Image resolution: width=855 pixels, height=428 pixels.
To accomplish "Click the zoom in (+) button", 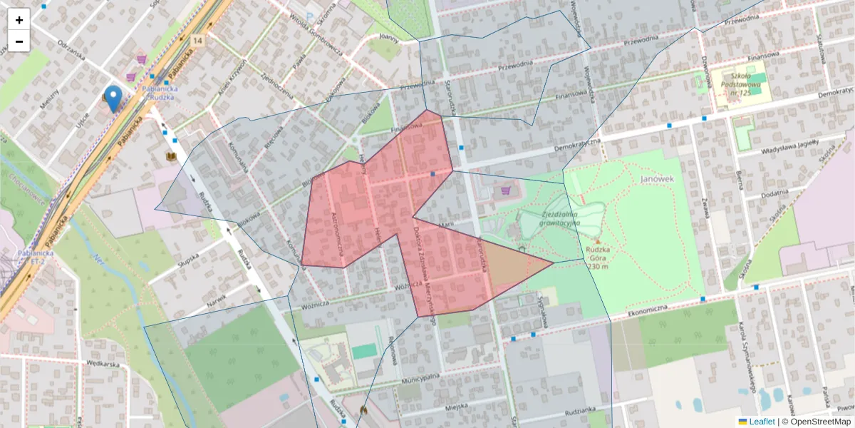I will (x=19, y=20).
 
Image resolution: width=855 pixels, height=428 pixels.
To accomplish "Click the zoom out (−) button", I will (x=19, y=41).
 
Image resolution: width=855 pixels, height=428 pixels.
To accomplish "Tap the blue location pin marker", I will (x=113, y=98).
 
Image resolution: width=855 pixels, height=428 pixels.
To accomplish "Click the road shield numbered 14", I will (x=197, y=40).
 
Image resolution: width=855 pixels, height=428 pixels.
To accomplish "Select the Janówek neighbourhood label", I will (x=657, y=179).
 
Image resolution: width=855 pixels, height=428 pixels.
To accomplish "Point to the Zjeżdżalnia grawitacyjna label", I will (x=560, y=218).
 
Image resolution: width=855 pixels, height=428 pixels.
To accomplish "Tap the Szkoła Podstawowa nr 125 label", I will (x=741, y=84).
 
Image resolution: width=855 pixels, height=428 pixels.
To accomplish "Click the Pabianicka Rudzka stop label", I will (x=160, y=93).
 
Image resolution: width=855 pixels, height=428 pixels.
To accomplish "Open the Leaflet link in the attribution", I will (x=761, y=422).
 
